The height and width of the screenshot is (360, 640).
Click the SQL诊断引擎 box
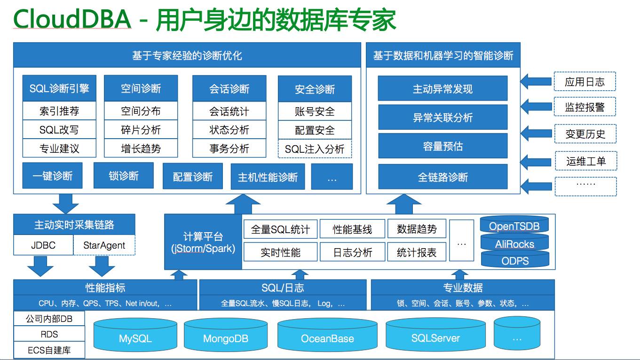pos(59,88)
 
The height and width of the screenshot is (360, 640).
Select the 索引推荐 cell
pos(59,111)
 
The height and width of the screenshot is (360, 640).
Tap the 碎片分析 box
pos(141,130)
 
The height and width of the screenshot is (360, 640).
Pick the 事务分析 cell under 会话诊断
pos(229,149)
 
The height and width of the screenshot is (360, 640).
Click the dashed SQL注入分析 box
pos(315,149)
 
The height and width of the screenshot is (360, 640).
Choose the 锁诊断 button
pos(124,176)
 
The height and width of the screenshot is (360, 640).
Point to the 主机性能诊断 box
pos(268,177)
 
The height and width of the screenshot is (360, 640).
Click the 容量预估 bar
pos(442,146)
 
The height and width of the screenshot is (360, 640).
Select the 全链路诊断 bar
pos(442,177)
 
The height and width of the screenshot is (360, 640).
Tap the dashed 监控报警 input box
pos(585,107)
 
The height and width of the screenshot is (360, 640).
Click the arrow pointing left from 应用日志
pos(536,81)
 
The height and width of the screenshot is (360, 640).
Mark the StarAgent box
pos(104,245)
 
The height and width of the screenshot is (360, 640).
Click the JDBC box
pos(43,245)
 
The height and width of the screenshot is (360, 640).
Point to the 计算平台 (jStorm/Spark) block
pos(203,242)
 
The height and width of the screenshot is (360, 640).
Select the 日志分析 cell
pos(352,252)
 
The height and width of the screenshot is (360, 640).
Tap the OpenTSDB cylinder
pos(514,226)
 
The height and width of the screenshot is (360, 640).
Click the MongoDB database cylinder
pos(225,338)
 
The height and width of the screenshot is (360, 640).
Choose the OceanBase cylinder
pos(327,338)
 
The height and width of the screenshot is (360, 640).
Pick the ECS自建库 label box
pos(49,350)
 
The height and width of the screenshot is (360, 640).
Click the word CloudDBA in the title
pos(71,20)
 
